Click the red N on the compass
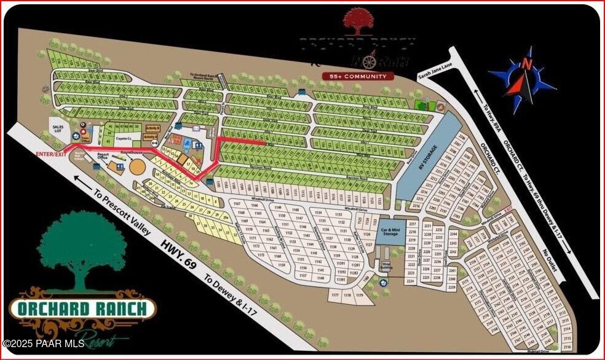tap(526, 63)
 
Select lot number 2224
tap(409, 281)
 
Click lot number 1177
tap(335, 295)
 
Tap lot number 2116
tap(566, 347)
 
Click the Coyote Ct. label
tap(125, 139)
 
